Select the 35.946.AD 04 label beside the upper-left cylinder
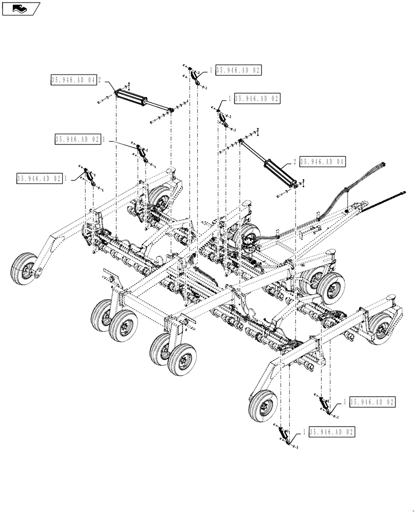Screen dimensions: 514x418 [74, 80]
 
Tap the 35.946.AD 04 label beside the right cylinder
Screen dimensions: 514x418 [322, 161]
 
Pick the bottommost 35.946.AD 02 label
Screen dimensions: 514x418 [332, 433]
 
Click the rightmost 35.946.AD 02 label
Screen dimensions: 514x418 [373, 402]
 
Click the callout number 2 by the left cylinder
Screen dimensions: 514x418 [99, 80]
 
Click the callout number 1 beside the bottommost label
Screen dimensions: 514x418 [305, 433]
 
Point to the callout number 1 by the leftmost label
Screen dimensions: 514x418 [65, 178]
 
